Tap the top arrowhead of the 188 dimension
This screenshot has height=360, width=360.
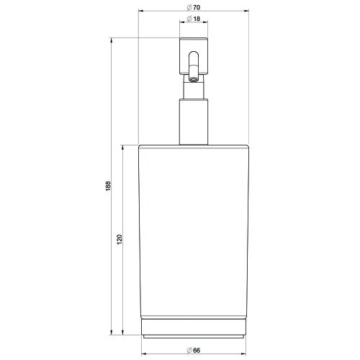click(112, 40)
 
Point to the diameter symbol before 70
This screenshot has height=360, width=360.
click(188, 7)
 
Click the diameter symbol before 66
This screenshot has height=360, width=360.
click(188, 349)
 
